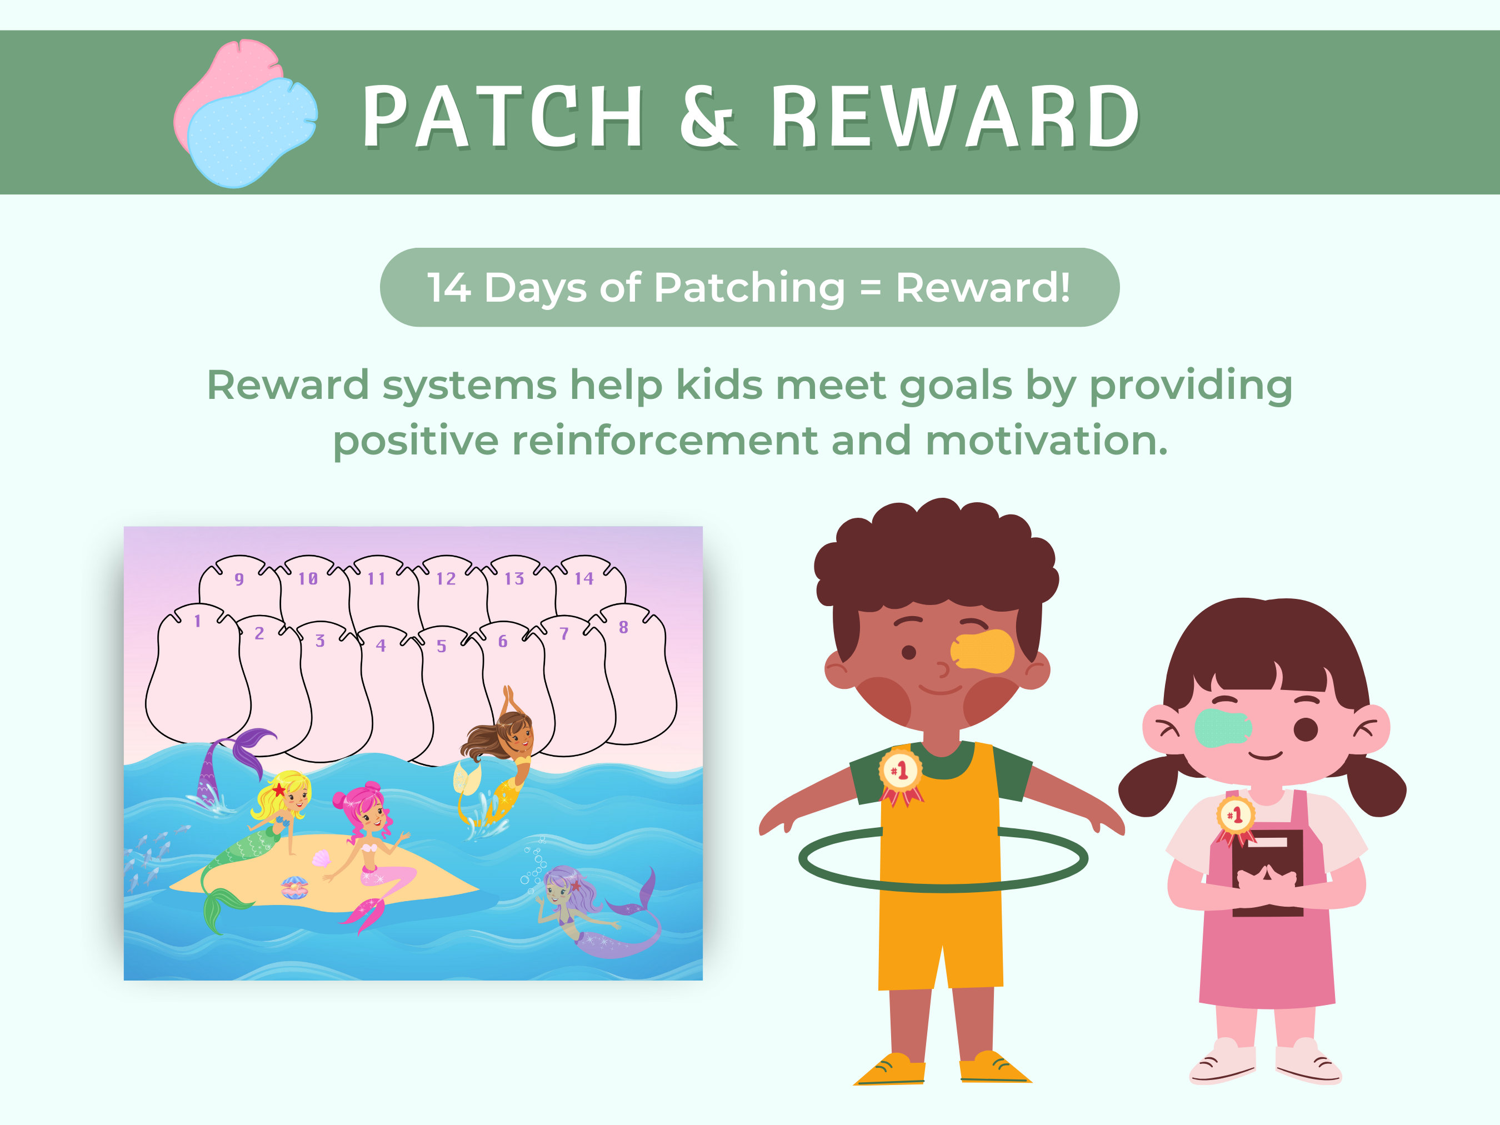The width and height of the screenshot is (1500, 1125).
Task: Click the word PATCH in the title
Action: click(502, 117)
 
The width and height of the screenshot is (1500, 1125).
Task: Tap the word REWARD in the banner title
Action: click(956, 117)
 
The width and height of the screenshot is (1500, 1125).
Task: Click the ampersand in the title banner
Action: click(707, 117)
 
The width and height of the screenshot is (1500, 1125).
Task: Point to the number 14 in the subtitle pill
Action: click(448, 288)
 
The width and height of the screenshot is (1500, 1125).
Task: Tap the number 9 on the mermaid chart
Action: click(239, 579)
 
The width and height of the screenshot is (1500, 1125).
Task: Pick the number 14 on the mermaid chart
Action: click(583, 578)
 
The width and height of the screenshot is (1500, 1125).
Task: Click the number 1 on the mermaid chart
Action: click(197, 621)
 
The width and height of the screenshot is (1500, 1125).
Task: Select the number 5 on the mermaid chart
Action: click(442, 646)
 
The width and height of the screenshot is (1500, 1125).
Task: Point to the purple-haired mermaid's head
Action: click(560, 885)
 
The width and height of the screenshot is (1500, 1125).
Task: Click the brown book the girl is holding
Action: click(1267, 875)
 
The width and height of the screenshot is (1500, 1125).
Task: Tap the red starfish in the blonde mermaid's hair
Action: click(279, 789)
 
